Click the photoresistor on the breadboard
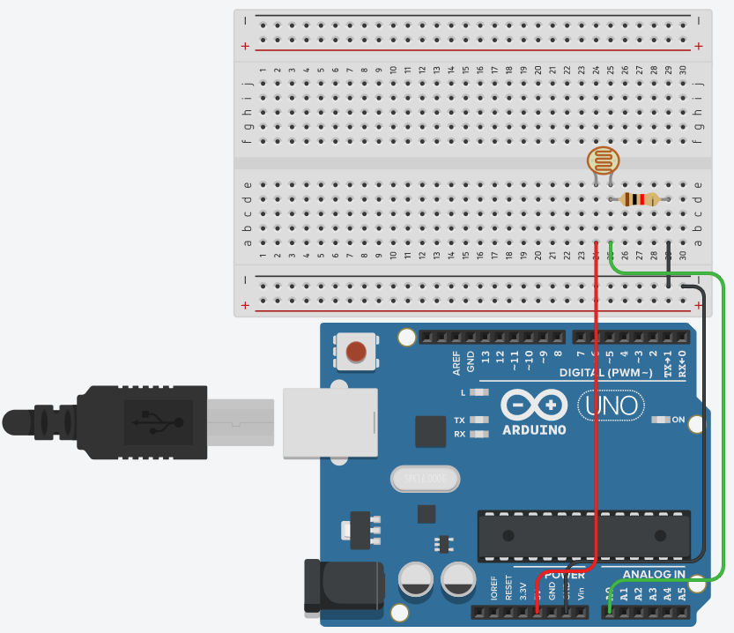coord(604,160)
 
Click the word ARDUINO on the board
coord(534,429)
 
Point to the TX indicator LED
coord(478,420)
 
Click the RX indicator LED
coord(478,434)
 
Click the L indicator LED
coord(478,391)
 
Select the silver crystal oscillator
coord(425,479)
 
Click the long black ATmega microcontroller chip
coord(583,535)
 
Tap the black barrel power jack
coord(344,585)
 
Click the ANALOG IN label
coord(654,574)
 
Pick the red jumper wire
coord(597,397)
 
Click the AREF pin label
coord(456,360)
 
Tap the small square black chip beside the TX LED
coord(430,431)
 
